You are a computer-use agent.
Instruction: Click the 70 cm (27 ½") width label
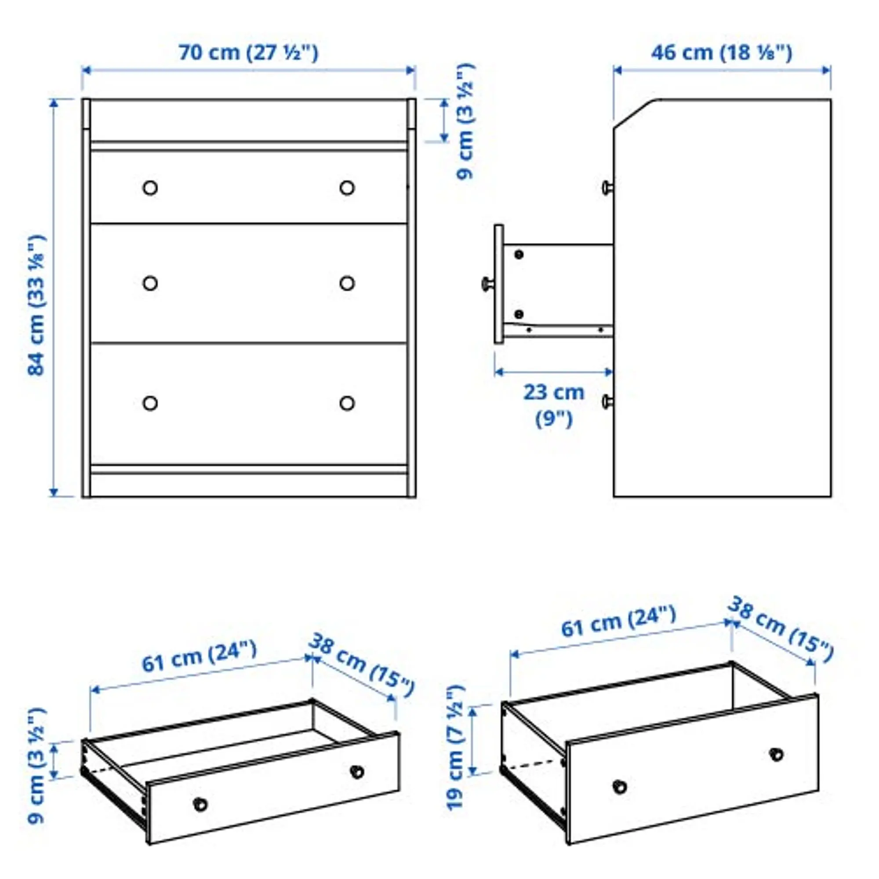pyautogui.click(x=248, y=52)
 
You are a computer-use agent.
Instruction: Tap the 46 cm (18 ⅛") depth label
pyautogui.click(x=722, y=52)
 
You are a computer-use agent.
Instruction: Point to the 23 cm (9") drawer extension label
pyautogui.click(x=553, y=405)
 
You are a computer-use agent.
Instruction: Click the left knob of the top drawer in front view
pyautogui.click(x=150, y=188)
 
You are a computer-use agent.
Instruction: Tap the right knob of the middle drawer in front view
pyautogui.click(x=347, y=283)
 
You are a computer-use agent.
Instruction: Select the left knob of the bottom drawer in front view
pyautogui.click(x=150, y=403)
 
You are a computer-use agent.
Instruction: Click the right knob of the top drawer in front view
pyautogui.click(x=347, y=188)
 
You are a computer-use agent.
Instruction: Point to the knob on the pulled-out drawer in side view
pyautogui.click(x=487, y=283)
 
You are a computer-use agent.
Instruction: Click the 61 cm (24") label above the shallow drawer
pyautogui.click(x=199, y=657)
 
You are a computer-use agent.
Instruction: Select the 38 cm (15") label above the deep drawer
pyautogui.click(x=781, y=630)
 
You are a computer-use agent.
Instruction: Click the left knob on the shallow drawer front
pyautogui.click(x=200, y=804)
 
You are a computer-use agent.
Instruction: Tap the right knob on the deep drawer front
pyautogui.click(x=776, y=754)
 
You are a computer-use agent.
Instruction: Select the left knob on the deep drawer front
pyautogui.click(x=620, y=787)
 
